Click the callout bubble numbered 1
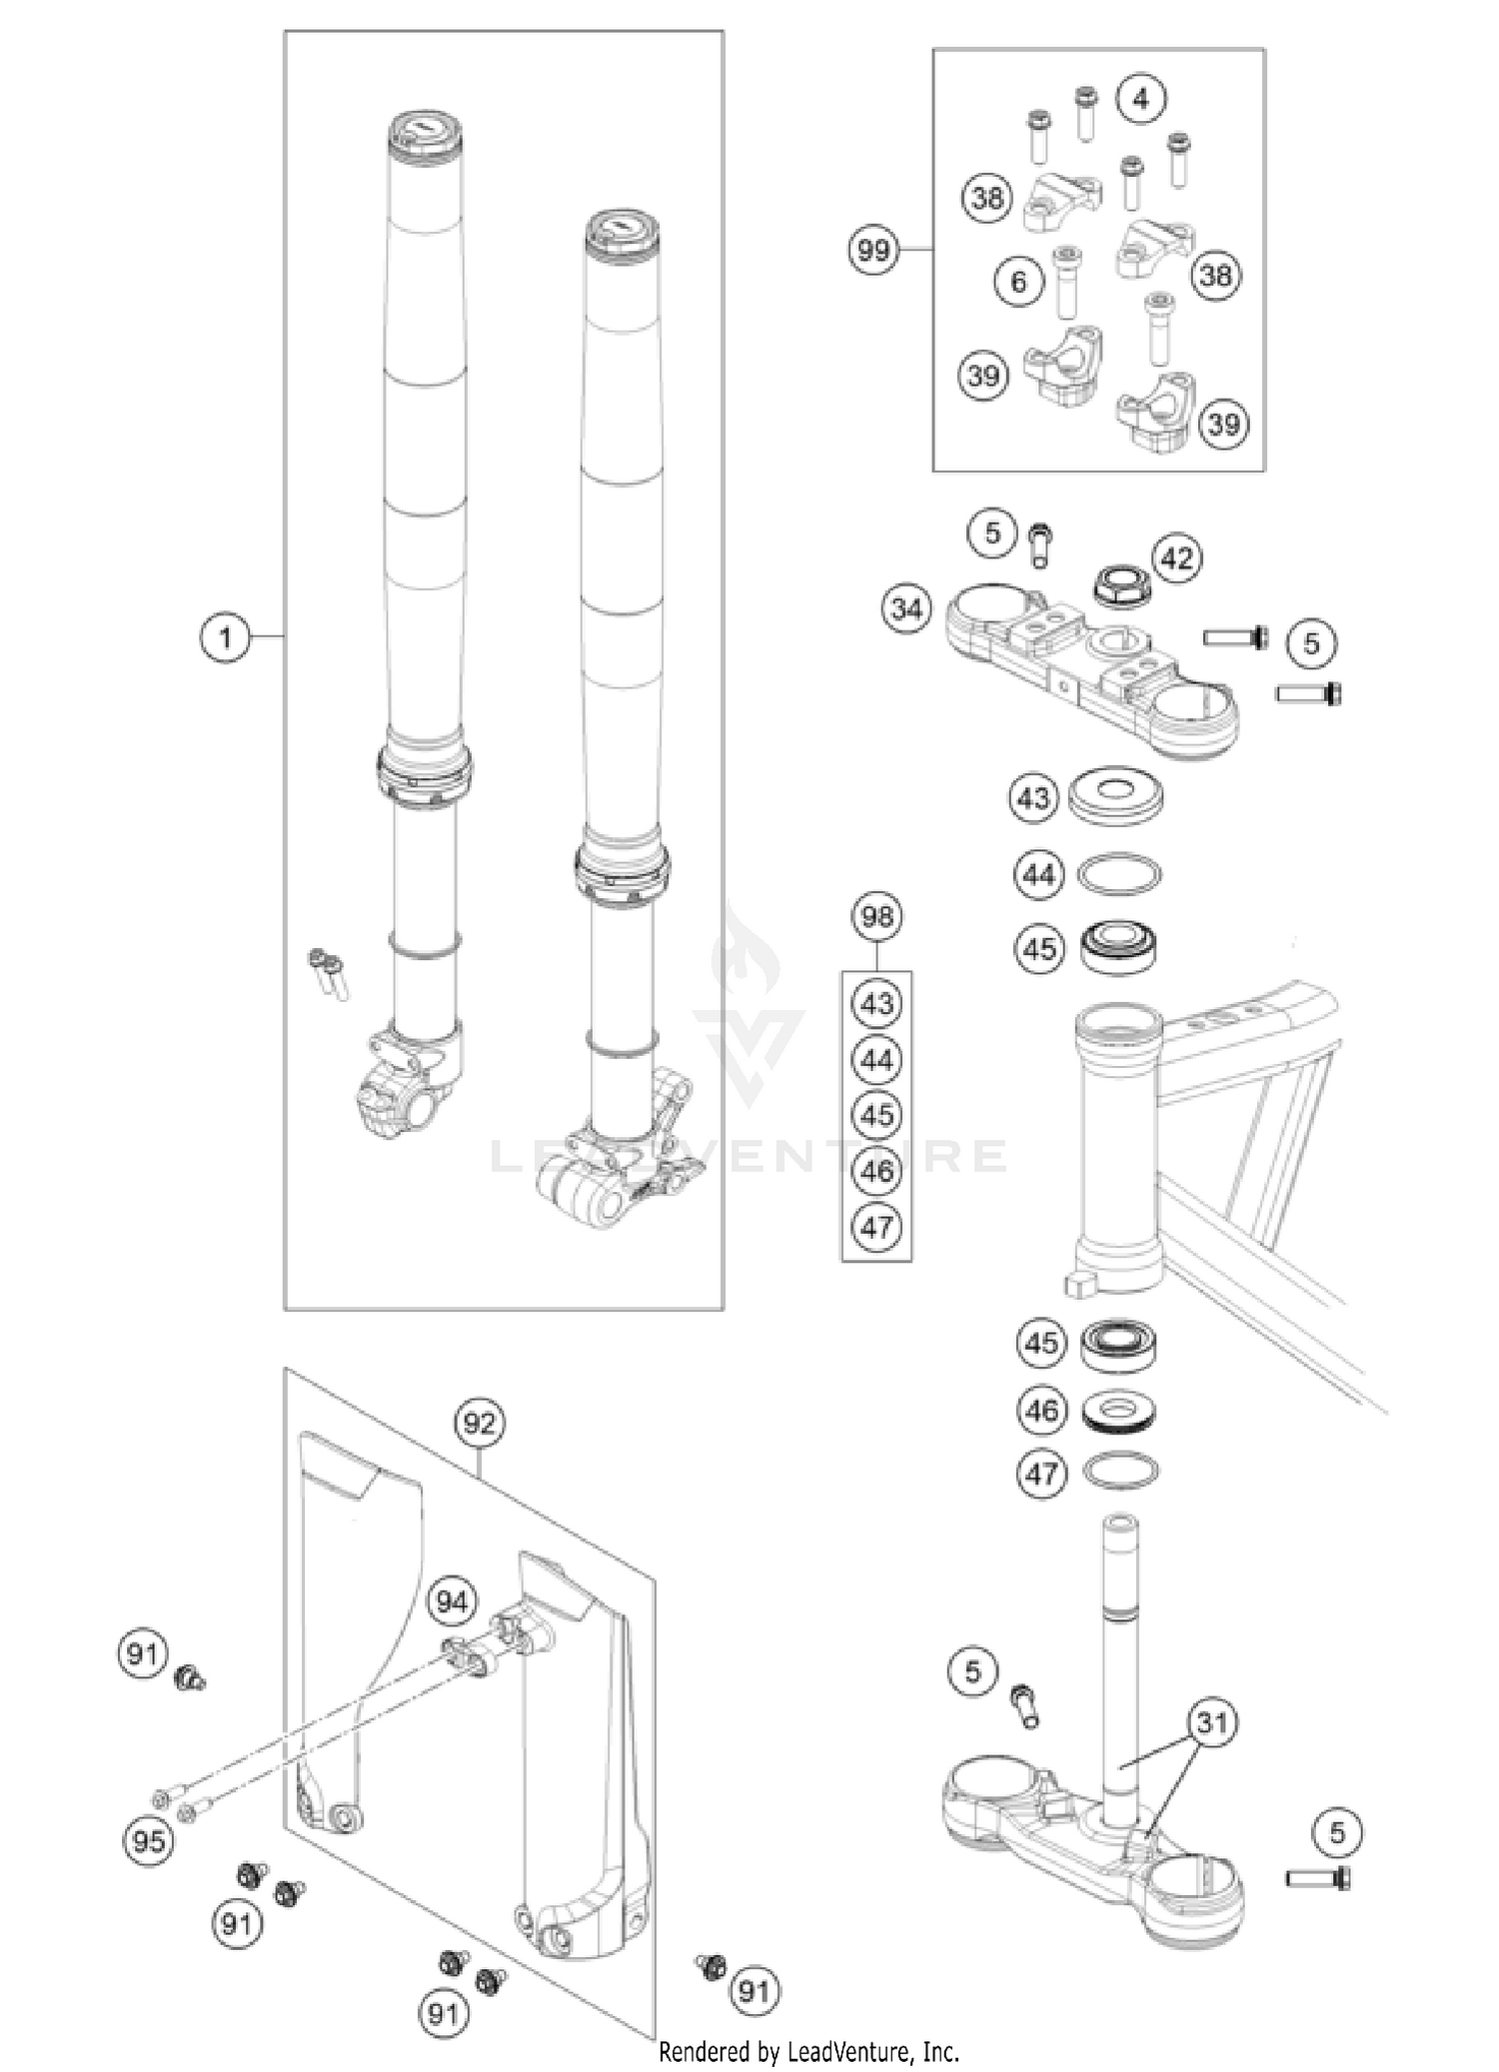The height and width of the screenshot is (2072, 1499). [x=225, y=636]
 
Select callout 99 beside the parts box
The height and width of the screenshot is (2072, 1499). [x=873, y=249]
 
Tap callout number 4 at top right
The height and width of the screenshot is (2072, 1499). [x=1141, y=98]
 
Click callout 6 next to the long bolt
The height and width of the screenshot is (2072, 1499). [x=1018, y=282]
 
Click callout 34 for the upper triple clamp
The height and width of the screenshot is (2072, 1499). [x=906, y=607]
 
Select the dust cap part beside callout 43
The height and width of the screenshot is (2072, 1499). [x=1117, y=795]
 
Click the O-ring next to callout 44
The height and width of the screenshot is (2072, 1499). [x=1119, y=874]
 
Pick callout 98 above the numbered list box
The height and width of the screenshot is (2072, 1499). [x=876, y=915]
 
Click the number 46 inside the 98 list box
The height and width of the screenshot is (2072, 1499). [x=876, y=1170]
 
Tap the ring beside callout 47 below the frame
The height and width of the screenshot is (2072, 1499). [x=1120, y=1471]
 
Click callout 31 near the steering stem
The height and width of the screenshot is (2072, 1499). [x=1211, y=1721]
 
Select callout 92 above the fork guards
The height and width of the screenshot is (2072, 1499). [x=479, y=1422]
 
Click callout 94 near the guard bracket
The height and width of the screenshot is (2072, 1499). [x=451, y=1601]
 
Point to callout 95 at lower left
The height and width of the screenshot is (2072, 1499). [x=148, y=1839]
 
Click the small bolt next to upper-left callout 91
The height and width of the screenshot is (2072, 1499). [x=188, y=1677]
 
